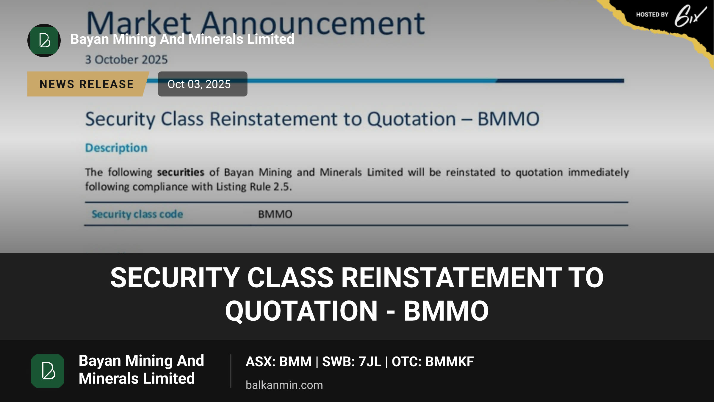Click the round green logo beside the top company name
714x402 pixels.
pos(44,40)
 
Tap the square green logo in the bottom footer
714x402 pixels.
pos(48,371)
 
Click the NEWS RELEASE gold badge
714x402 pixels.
pos(87,84)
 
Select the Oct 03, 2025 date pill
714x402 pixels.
pos(203,84)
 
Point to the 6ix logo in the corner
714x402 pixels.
pos(690,15)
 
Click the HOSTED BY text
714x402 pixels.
pos(652,15)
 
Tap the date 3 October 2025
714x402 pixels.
pos(126,60)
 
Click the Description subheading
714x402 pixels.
pos(116,148)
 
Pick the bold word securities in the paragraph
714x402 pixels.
pos(181,172)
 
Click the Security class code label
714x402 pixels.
pos(137,214)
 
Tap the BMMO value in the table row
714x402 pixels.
pos(275,214)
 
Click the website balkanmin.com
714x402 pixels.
pos(284,385)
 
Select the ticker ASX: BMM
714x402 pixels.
pos(278,362)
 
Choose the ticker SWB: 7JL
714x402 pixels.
pos(352,362)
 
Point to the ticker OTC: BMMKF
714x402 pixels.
pos(433,362)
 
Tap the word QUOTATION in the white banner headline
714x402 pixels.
pos(301,311)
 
